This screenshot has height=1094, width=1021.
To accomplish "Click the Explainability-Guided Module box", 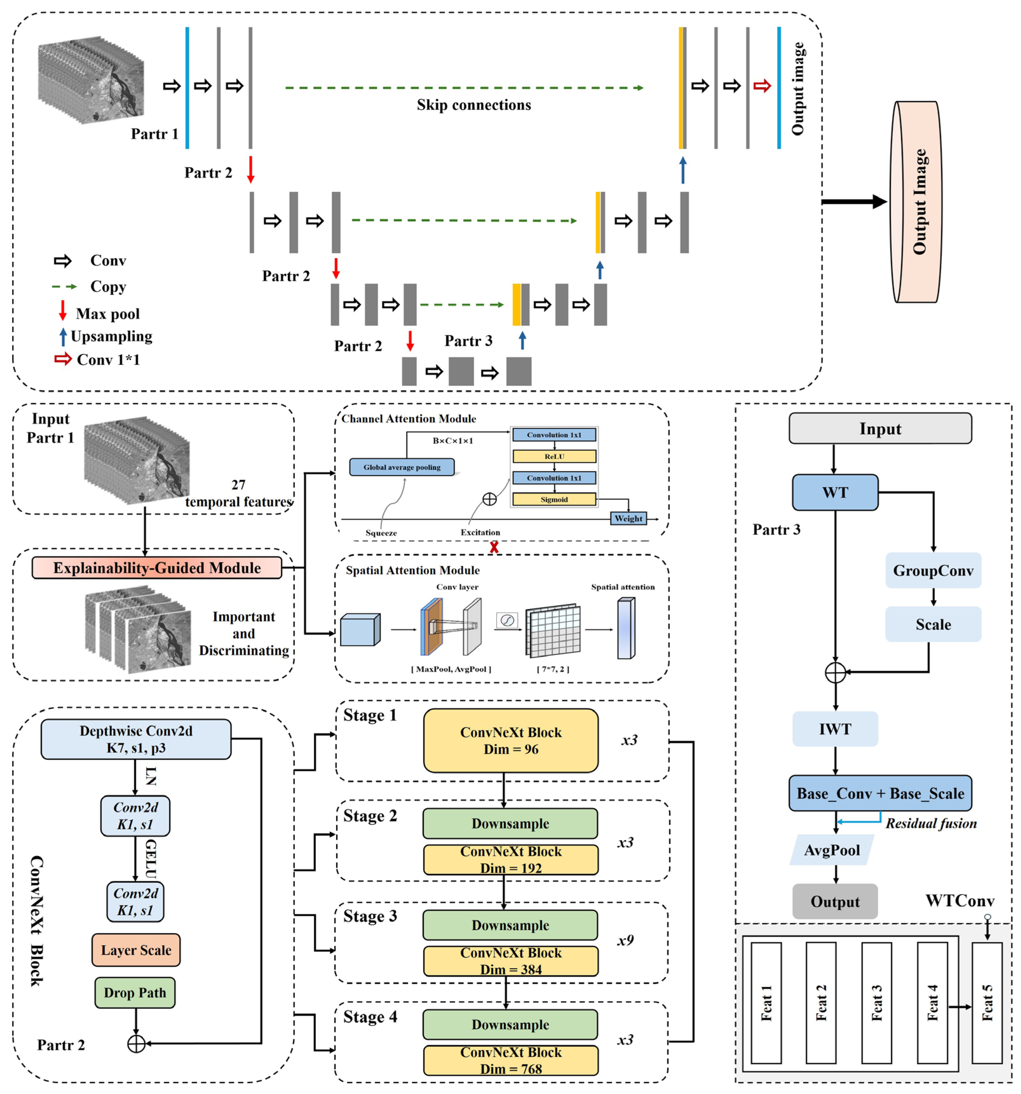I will coord(157,568).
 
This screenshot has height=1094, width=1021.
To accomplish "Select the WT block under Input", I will coord(834,492).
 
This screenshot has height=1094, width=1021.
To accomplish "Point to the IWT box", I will coord(834,729).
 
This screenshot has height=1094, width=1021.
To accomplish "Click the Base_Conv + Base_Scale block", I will coord(880,793).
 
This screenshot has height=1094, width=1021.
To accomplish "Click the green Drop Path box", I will coord(135,992).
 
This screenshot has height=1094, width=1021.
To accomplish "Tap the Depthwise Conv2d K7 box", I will coord(136,739).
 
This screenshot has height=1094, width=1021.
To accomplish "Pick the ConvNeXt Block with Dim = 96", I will coord(510,740).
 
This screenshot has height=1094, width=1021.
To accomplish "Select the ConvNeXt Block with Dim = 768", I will coord(510,1060).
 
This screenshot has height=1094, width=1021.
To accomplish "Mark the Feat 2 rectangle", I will coord(820,1003).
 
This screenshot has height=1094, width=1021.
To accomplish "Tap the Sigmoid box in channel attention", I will coord(554,499).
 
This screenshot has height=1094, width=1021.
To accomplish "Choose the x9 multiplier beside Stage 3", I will coord(625,940).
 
